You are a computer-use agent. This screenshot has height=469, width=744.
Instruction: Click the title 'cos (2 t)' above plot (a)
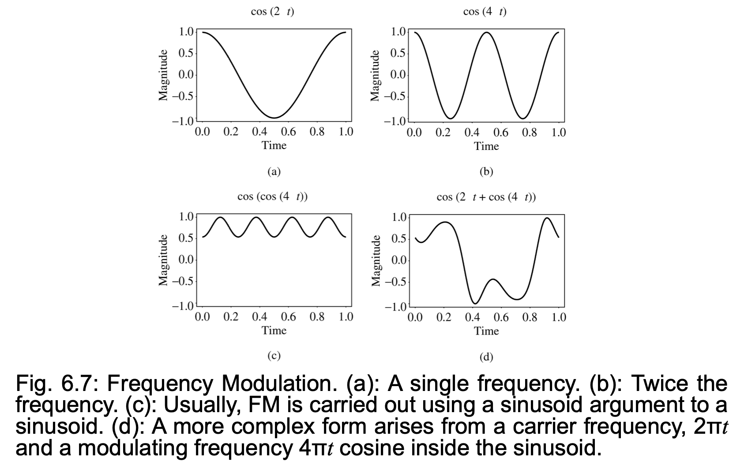(272, 12)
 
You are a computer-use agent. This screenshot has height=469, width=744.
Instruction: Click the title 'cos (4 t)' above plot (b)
(485, 12)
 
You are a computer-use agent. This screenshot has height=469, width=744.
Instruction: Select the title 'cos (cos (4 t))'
(272, 197)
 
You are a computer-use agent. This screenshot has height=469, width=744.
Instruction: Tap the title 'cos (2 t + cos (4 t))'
(486, 197)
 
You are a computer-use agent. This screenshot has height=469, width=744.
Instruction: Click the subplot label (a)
(274, 171)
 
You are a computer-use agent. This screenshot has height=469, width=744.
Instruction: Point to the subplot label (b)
(486, 171)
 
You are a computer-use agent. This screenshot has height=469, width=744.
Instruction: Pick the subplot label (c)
(274, 356)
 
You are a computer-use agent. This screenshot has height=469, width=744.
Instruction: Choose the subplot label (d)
(486, 357)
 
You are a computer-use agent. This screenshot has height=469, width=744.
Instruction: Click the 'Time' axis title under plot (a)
(274, 145)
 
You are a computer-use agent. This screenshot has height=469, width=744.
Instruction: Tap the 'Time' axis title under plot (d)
(486, 331)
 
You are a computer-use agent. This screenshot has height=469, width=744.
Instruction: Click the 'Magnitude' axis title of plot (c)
(164, 260)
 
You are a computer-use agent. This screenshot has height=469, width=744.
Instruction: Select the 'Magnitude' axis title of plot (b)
(376, 75)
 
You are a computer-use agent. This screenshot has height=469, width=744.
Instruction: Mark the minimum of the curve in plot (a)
(274, 118)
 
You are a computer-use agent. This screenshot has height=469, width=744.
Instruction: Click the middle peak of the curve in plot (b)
(486, 32)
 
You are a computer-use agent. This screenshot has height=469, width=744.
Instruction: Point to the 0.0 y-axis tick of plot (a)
(186, 75)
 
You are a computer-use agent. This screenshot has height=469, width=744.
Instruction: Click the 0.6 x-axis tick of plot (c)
(288, 317)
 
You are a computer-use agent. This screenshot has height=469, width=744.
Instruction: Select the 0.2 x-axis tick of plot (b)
(443, 133)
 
